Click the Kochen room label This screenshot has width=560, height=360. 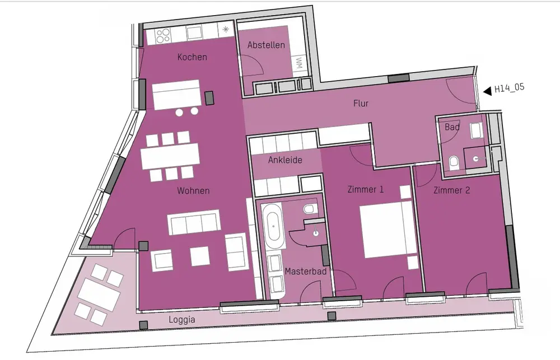[192, 57]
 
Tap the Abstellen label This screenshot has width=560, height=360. [266, 45]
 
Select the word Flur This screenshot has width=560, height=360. [361, 103]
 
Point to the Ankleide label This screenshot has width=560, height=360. [285, 160]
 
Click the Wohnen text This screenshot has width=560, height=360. [193, 191]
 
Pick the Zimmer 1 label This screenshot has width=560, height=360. [365, 189]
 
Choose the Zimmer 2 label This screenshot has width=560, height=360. [451, 190]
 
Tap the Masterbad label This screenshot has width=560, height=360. [306, 272]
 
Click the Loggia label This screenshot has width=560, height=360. [182, 319]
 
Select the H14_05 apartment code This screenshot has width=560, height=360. [509, 87]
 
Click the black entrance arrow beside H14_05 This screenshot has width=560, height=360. [488, 91]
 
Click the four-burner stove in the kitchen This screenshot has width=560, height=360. [163, 36]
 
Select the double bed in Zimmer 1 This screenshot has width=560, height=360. [388, 229]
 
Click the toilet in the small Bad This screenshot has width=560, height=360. [454, 162]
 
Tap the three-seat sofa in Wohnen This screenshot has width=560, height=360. [193, 222]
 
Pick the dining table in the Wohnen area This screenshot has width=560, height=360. [170, 156]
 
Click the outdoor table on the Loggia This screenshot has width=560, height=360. [99, 294]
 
